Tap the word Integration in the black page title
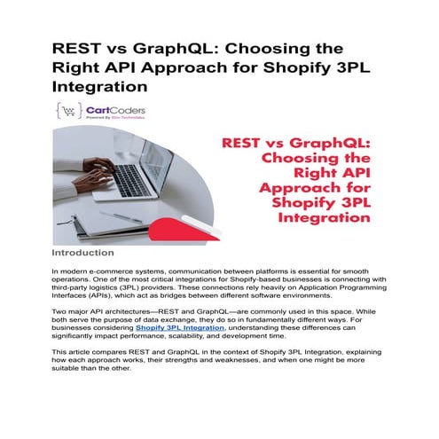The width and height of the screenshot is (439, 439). point(98,89)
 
